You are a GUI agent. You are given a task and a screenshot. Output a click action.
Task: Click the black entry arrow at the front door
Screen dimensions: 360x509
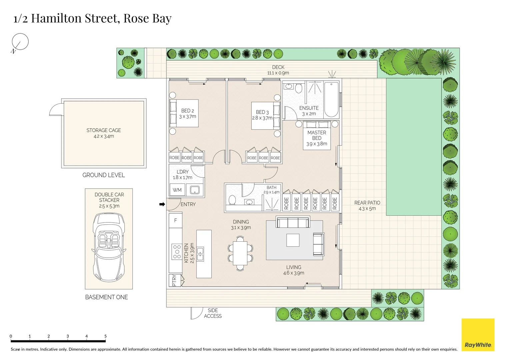pyautogui.click(x=162, y=204)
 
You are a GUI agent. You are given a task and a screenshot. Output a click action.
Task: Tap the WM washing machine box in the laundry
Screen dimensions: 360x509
pyautogui.click(x=177, y=190)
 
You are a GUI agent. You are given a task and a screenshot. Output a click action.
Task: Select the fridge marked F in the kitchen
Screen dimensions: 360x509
pyautogui.click(x=175, y=220)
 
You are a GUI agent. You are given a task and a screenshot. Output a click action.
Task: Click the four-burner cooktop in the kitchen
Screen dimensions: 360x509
pyautogui.click(x=176, y=252)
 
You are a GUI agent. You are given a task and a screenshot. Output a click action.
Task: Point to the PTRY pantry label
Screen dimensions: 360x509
pyautogui.click(x=174, y=280)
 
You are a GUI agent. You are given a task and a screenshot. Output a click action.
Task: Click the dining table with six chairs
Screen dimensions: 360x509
pyautogui.click(x=240, y=253)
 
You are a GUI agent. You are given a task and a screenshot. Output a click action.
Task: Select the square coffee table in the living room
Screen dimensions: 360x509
pyautogui.click(x=293, y=240)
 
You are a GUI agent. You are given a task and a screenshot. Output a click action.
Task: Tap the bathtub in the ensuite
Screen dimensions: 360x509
pyautogui.click(x=331, y=99)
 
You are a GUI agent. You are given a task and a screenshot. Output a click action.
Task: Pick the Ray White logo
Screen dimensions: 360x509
pyautogui.click(x=478, y=335)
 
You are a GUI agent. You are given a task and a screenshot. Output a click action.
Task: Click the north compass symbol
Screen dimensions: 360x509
pyautogui.click(x=20, y=42)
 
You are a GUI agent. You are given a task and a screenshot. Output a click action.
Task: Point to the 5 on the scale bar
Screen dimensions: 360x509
pyautogui.click(x=105, y=336)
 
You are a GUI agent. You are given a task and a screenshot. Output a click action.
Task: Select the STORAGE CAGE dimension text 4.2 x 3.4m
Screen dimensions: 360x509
pyautogui.click(x=104, y=136)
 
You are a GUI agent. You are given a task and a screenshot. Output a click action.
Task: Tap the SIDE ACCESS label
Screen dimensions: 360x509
pyautogui.click(x=213, y=313)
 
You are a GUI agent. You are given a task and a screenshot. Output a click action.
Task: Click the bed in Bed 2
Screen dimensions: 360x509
pyautogui.click(x=184, y=113)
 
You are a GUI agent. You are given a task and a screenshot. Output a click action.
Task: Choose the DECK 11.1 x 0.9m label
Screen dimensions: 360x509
pyautogui.click(x=278, y=70)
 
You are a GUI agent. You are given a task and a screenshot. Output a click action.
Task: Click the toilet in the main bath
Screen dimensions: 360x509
pyautogui.click(x=232, y=200)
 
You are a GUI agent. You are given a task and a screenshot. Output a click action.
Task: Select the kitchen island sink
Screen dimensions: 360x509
pyautogui.click(x=200, y=254)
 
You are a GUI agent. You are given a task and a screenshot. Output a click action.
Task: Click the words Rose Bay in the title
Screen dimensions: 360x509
pyautogui.click(x=147, y=18)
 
